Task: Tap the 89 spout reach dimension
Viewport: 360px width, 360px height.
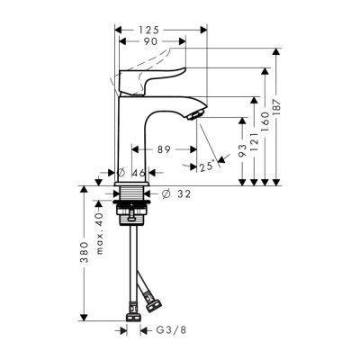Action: tap(163, 150)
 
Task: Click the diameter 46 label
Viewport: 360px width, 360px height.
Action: tap(133, 172)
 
